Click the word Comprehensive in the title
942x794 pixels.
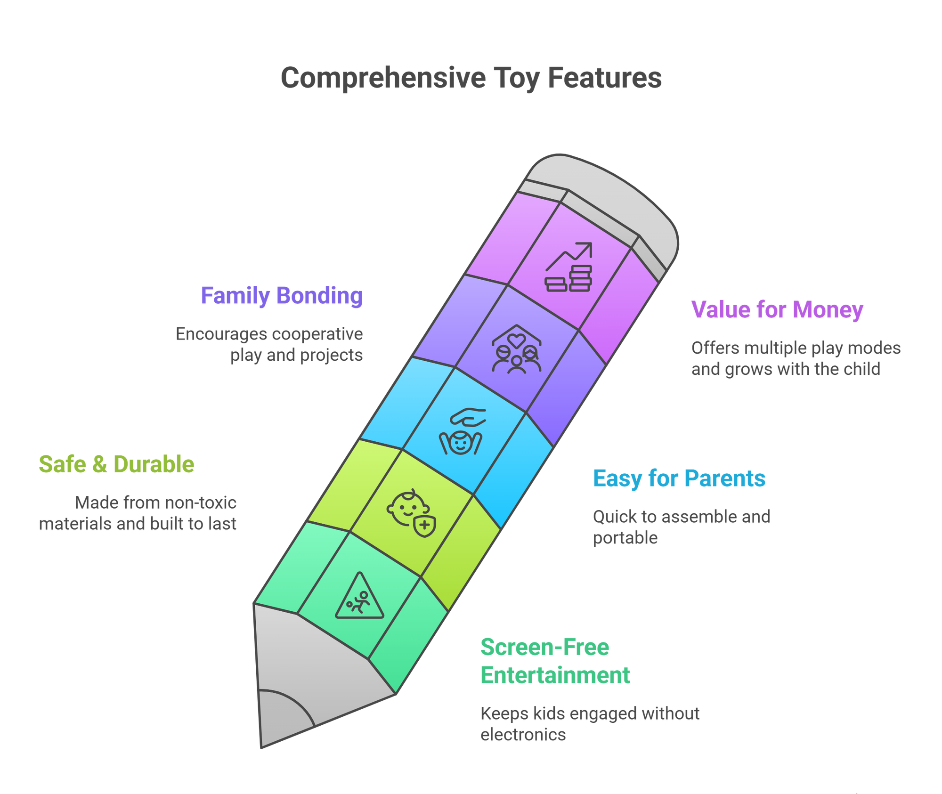[383, 78]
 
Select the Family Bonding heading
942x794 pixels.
[282, 296]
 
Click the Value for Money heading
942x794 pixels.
[777, 310]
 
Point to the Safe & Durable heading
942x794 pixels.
[116, 464]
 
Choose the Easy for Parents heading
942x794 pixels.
[679, 478]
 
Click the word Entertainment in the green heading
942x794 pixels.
[555, 675]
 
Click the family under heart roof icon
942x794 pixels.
[517, 349]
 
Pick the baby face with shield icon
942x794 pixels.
[411, 513]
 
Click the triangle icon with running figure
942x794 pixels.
[359, 597]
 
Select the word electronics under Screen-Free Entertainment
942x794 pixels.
[523, 735]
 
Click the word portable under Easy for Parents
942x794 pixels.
[625, 538]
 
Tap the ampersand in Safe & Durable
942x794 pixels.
[99, 464]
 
